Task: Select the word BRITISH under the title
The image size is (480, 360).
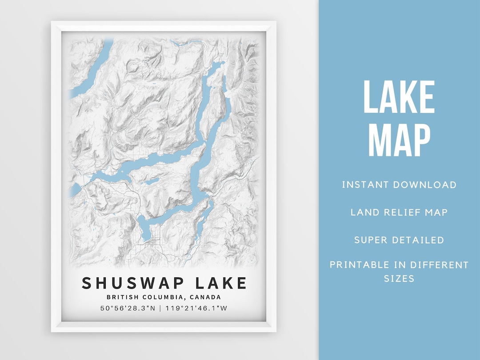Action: coord(120,297)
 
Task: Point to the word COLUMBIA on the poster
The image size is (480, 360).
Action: coord(161,297)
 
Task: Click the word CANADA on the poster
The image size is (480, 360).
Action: coord(205,297)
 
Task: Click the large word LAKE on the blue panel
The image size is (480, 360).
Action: coord(399,97)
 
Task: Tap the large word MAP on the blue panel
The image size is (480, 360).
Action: coord(399,140)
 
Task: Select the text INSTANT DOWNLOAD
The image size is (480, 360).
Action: coord(399,185)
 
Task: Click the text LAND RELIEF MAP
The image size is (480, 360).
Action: coord(399,212)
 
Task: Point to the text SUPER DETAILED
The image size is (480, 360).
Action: coord(399,240)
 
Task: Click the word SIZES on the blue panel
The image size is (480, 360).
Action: coord(399,279)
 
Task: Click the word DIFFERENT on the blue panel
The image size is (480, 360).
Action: coord(440,265)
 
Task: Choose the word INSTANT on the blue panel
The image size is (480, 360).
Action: coord(363,185)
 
